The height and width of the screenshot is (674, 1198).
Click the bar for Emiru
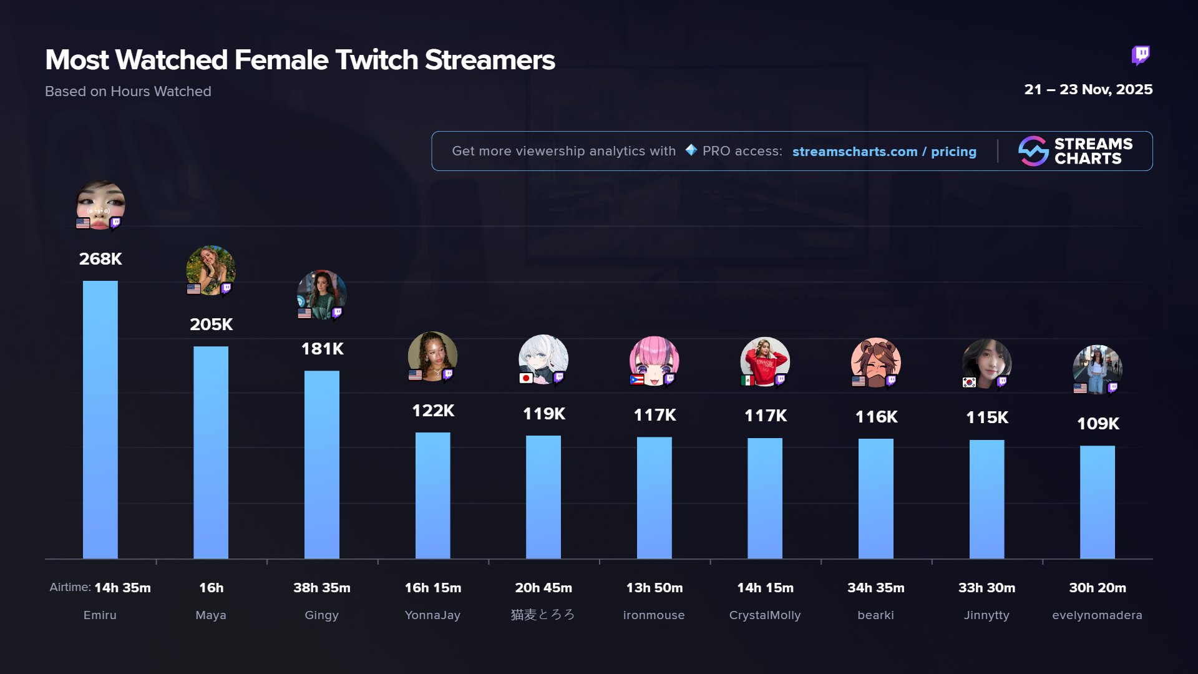click(x=100, y=419)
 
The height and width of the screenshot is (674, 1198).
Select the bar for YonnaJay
click(x=432, y=496)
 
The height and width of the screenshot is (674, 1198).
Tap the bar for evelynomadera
click(x=1097, y=502)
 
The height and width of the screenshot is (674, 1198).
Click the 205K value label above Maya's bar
click(x=211, y=325)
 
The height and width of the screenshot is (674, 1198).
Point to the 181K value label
click(x=322, y=349)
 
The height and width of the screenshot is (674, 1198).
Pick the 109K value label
click(x=1098, y=424)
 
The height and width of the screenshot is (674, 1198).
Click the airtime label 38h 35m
click(x=322, y=588)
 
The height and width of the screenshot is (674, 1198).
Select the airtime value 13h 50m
click(x=654, y=588)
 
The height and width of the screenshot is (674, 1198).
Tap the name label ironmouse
click(x=654, y=615)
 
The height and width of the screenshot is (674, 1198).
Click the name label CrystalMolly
click(x=765, y=615)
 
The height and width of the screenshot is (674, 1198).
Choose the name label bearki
click(x=875, y=615)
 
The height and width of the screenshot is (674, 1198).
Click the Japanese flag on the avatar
click(x=526, y=378)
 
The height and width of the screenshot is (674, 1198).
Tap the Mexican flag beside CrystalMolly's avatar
click(x=748, y=380)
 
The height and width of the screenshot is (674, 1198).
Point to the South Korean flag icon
click(x=969, y=382)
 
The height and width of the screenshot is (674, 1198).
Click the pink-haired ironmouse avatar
click(x=654, y=360)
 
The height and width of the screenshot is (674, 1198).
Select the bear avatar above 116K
click(x=875, y=361)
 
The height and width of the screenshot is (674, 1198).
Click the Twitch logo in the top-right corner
click(x=1141, y=56)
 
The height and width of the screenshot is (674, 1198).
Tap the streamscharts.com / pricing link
click(x=884, y=152)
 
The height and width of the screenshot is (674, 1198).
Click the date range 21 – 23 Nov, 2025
click(x=1088, y=90)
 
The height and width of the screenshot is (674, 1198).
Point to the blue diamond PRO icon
click(x=691, y=150)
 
